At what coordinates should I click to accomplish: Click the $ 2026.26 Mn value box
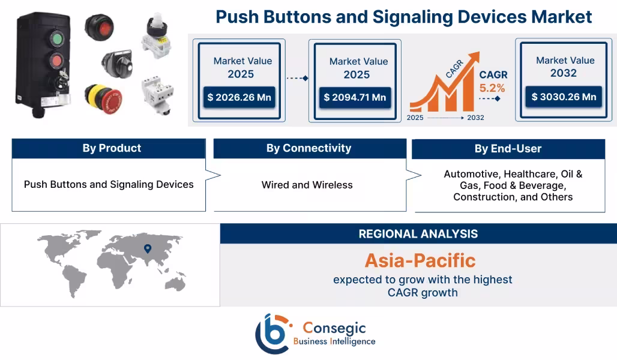(239, 97)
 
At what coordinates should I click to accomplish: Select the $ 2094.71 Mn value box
(355, 97)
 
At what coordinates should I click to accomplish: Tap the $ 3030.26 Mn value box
(564, 97)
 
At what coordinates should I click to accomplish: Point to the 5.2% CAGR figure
(492, 88)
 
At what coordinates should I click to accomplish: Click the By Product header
(112, 148)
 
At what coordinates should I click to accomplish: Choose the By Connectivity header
(308, 148)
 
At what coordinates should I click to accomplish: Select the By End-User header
(508, 148)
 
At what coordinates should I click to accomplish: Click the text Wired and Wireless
(307, 185)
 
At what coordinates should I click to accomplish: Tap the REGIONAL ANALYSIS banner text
(418, 233)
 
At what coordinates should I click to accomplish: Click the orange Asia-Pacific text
(420, 260)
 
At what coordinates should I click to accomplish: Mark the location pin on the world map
(148, 248)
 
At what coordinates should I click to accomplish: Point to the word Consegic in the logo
(334, 328)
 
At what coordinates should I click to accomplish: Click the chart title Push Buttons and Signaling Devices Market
(403, 17)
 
